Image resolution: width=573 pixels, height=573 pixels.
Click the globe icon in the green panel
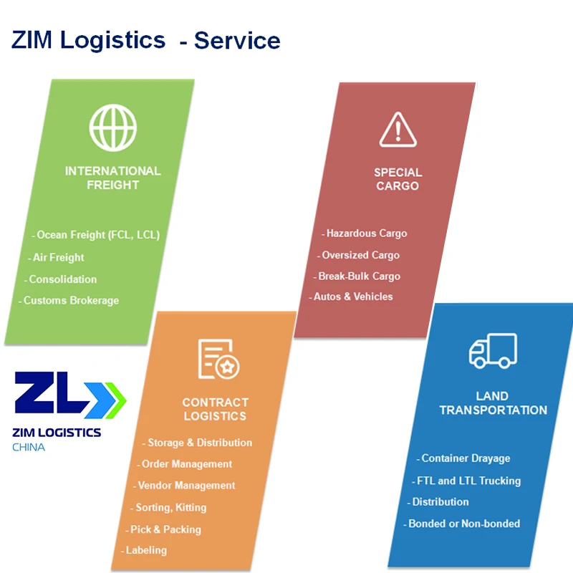(112, 127)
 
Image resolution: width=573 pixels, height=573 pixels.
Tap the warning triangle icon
(398, 130)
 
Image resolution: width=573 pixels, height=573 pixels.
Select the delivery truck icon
(493, 351)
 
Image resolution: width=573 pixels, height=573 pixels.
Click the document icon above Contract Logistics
(218, 359)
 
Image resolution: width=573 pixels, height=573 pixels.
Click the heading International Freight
(112, 178)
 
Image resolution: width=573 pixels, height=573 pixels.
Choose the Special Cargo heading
(398, 179)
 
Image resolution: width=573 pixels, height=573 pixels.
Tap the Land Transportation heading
(493, 403)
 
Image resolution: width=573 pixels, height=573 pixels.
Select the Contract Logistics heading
(215, 409)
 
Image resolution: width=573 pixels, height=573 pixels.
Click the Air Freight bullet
(58, 258)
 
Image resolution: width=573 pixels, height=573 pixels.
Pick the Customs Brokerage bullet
(71, 301)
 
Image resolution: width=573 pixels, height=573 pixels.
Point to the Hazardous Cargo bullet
(366, 233)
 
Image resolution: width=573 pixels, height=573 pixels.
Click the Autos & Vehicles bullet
(353, 297)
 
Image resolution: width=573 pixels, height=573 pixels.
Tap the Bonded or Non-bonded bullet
(463, 524)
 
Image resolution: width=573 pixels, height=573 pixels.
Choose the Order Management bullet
(186, 464)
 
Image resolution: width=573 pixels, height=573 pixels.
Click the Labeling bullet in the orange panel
(145, 550)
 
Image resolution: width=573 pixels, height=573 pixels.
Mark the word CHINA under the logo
(29, 448)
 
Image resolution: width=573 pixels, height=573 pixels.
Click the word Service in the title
(237, 40)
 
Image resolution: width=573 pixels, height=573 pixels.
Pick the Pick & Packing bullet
(165, 529)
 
